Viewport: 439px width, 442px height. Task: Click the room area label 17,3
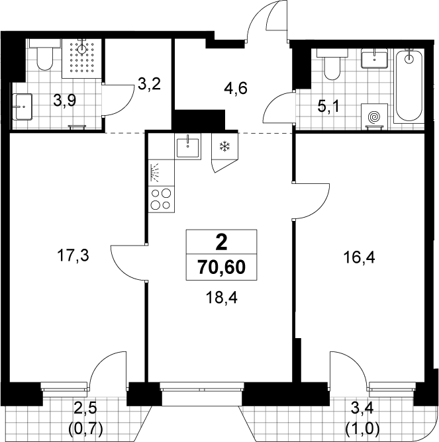pos(73,255)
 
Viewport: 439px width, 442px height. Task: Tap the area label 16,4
pos(359,257)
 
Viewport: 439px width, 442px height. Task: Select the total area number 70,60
pos(221,267)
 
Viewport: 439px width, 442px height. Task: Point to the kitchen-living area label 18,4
pos(221,297)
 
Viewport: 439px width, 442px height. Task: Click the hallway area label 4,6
pos(236,88)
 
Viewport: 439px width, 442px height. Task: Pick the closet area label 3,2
pos(149,84)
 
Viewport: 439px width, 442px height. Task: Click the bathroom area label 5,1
pos(328,107)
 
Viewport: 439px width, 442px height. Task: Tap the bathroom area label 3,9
pos(65,101)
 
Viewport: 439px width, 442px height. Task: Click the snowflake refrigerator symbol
pos(225,147)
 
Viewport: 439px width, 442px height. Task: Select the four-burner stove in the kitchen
pos(162,200)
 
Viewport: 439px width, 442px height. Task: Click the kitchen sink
pos(187,147)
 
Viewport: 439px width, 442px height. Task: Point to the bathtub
pos(409,86)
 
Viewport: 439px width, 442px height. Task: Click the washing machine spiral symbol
pos(374,116)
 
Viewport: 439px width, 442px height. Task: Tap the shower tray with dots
pos(81,58)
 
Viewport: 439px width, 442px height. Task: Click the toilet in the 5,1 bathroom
pos(332,64)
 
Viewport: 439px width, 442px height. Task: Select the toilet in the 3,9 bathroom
pos(45,55)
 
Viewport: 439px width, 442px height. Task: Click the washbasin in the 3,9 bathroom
pos(23,107)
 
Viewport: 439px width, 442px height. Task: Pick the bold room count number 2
pos(221,242)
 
